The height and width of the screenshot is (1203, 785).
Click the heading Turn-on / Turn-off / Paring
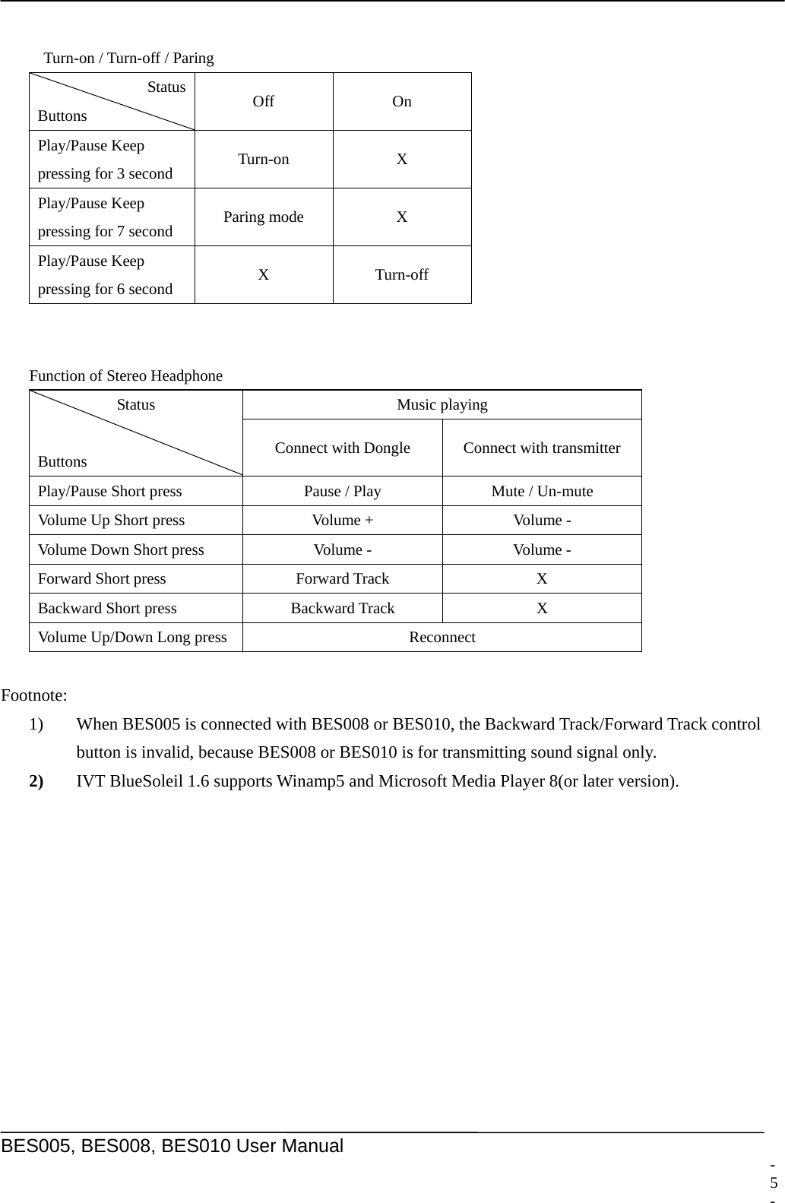(128, 58)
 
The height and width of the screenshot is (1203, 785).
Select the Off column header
(263, 102)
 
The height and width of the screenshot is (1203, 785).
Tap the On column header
(401, 102)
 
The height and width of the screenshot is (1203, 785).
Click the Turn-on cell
(263, 160)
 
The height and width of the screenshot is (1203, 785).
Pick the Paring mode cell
(263, 217)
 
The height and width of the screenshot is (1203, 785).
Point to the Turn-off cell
(401, 275)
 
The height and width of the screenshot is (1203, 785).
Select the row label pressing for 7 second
(105, 231)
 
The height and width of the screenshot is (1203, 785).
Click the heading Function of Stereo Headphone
(126, 375)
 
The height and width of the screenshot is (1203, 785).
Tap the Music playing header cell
(442, 405)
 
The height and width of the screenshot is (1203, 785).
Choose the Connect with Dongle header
(342, 448)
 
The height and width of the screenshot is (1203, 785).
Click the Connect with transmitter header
(541, 448)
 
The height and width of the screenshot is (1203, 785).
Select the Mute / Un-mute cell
(541, 492)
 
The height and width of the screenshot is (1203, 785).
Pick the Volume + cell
(342, 521)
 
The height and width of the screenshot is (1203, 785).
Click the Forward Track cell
(342, 579)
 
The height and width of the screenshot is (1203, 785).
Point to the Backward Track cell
(342, 608)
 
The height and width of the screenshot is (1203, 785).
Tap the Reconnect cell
(442, 638)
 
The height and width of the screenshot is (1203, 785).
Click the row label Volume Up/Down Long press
(132, 638)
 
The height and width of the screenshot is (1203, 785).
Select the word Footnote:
(34, 695)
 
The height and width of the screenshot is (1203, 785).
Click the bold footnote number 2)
(36, 781)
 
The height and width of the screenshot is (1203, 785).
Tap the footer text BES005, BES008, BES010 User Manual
(173, 1146)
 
